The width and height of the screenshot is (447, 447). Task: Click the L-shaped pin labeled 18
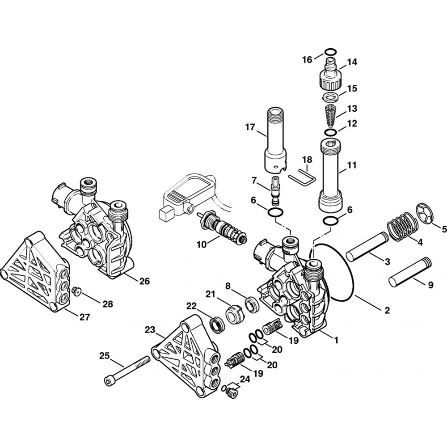pyautogui.click(x=302, y=176)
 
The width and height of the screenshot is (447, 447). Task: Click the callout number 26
pyautogui.click(x=144, y=282)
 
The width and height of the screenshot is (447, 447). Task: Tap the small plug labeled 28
pyautogui.click(x=76, y=291)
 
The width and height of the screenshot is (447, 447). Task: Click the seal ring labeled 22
pyautogui.click(x=218, y=324)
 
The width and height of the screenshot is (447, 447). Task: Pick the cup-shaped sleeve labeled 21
pyautogui.click(x=234, y=313)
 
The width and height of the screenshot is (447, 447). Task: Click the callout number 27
pyautogui.click(x=84, y=317)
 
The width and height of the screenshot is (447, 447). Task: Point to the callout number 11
pyautogui.click(x=352, y=165)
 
